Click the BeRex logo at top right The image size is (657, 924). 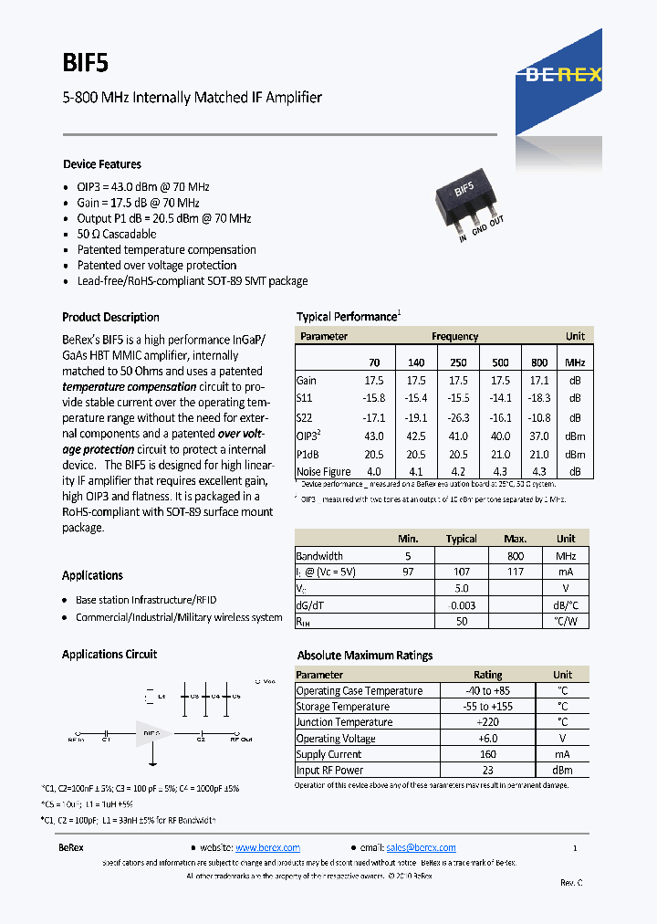[x=562, y=75]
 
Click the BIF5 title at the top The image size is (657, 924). [x=86, y=62]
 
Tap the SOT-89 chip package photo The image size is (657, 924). [x=465, y=201]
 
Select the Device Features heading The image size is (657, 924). [x=101, y=164]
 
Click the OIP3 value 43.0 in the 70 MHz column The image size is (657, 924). [x=374, y=436]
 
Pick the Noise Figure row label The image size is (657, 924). [x=323, y=471]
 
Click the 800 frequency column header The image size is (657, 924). [x=539, y=362]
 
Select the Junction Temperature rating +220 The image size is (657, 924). [x=487, y=722]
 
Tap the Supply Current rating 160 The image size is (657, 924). [x=487, y=754]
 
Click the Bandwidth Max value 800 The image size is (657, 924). [x=516, y=555]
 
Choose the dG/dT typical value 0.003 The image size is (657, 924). [x=462, y=604]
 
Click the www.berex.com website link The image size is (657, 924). [x=267, y=847]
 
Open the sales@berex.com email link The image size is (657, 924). [x=421, y=847]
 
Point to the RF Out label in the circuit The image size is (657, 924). [x=241, y=740]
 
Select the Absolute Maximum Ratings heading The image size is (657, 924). [x=365, y=656]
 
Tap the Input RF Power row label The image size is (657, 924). [x=329, y=770]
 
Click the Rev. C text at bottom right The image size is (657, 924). [x=571, y=882]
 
